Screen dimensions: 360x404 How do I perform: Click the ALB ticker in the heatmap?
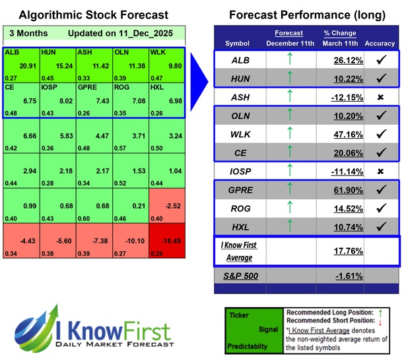tap(11, 52)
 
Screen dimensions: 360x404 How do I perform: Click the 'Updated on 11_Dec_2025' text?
tap(123, 34)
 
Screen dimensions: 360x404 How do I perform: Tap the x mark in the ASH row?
tap(380, 97)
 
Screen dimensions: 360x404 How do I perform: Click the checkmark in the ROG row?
tap(380, 209)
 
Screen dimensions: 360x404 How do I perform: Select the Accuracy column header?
tap(380, 43)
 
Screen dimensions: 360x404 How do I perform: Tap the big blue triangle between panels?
tap(200, 72)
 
